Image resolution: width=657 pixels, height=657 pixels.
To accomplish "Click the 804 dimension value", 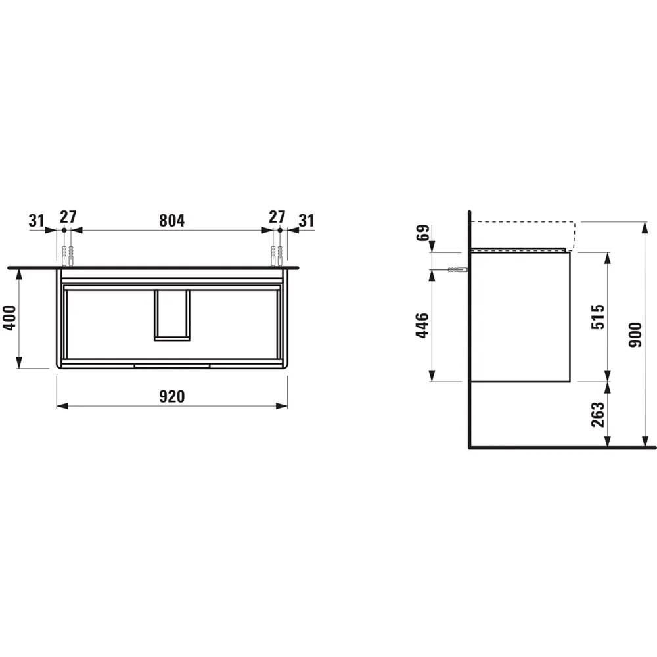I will coord(171,220).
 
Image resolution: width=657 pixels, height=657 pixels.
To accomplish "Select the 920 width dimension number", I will coord(171,396).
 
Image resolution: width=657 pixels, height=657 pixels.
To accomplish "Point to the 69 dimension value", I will coord(423,233).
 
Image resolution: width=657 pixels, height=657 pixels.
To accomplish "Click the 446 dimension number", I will coord(423,325).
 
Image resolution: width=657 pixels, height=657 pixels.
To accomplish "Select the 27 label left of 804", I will coord(68,217).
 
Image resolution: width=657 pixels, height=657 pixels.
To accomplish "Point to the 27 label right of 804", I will coord(277,217).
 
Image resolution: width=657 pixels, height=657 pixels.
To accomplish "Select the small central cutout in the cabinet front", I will coord(172,315).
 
